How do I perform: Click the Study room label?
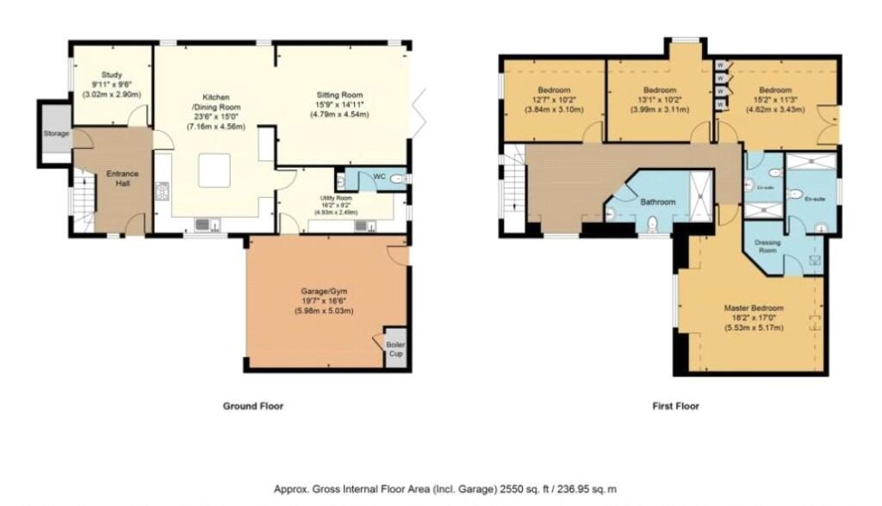[113, 75]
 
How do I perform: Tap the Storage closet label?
[57, 134]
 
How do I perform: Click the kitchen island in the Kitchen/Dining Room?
[215, 170]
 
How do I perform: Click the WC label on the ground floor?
[379, 176]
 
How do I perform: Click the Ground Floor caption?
[252, 406]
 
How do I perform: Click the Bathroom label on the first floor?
[657, 202]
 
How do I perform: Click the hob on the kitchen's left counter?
[161, 191]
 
